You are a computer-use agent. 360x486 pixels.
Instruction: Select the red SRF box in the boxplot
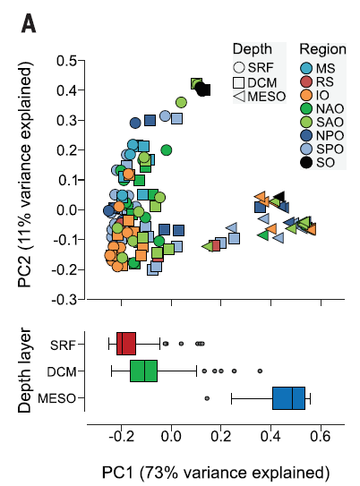[126, 343]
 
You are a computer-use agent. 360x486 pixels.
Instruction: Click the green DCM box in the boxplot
[143, 370]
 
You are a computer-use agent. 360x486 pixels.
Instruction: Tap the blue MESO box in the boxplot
[288, 398]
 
